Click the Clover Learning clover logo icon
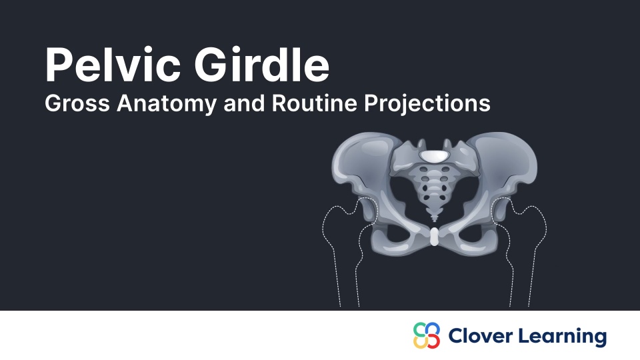tap(427, 335)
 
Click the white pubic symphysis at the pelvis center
tap(435, 237)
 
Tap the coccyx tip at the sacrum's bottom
tap(434, 217)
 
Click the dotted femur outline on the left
tap(340, 253)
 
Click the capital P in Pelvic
tap(59, 65)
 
